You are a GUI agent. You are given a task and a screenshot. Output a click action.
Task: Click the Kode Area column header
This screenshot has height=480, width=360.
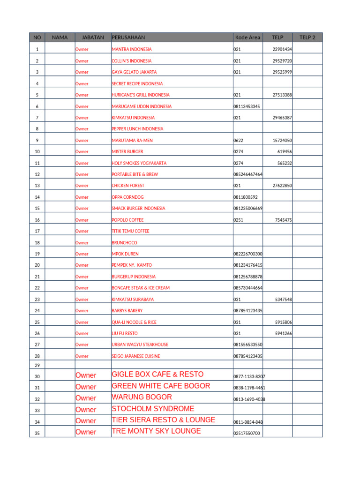point(247,37)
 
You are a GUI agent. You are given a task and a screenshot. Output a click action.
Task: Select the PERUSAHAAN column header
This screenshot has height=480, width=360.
point(128,37)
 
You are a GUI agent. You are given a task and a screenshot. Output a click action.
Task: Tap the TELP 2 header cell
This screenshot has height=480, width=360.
point(307,37)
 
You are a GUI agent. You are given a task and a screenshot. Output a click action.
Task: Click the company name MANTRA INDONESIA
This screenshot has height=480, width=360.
point(132,49)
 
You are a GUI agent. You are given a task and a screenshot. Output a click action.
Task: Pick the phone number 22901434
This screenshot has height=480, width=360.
point(282,49)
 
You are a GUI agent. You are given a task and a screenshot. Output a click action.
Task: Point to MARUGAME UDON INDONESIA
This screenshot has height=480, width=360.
point(142,106)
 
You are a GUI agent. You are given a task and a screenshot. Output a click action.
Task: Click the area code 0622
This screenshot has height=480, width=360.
point(239,140)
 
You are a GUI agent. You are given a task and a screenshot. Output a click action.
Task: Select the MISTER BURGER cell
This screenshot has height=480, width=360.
point(127,152)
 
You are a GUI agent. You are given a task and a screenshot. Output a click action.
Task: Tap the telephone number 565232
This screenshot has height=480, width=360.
point(285,163)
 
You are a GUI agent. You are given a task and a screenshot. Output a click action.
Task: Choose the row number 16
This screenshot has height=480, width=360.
point(37,220)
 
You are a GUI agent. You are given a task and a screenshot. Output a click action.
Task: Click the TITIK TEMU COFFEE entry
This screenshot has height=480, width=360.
point(130,231)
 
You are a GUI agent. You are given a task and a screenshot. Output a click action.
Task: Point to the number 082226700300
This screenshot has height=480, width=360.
point(248,254)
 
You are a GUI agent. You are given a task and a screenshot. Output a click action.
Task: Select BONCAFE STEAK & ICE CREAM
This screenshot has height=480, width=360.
point(141,288)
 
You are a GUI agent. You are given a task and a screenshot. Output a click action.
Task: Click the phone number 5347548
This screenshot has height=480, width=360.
point(284,299)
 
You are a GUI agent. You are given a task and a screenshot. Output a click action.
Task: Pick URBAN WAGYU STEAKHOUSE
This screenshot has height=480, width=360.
point(140,345)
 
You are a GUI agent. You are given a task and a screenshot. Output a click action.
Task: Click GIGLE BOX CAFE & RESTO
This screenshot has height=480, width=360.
point(157,375)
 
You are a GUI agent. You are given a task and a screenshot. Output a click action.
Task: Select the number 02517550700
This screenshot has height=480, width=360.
point(247,433)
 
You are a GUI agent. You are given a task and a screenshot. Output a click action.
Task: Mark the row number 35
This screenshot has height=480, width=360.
point(37,433)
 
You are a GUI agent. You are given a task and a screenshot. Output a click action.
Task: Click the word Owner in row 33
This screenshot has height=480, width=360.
point(86,409)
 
